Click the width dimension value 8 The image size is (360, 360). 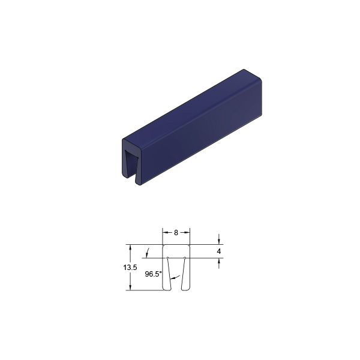(x=176, y=233)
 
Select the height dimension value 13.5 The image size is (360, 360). (x=130, y=268)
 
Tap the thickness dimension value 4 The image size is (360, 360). (x=219, y=251)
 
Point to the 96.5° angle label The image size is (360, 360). (x=154, y=274)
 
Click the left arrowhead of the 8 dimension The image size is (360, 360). (x=166, y=233)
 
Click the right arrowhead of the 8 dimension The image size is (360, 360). (x=187, y=233)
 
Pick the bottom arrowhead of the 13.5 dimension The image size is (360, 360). (x=130, y=287)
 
